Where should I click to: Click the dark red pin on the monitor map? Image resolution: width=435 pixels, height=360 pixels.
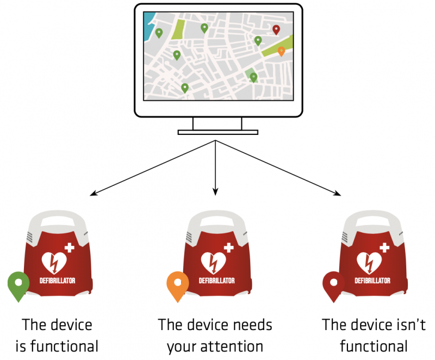(x=276, y=29)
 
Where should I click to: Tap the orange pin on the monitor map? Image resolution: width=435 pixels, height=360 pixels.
(x=281, y=51)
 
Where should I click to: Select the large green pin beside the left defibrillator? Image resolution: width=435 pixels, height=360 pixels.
(x=18, y=284)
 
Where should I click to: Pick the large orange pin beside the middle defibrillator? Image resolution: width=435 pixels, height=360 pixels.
(x=177, y=284)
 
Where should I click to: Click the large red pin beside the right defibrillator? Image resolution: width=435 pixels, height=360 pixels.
(x=333, y=284)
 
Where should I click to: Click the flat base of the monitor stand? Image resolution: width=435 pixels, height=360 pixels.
(x=217, y=132)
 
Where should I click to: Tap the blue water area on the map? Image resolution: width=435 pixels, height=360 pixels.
(x=148, y=21)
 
